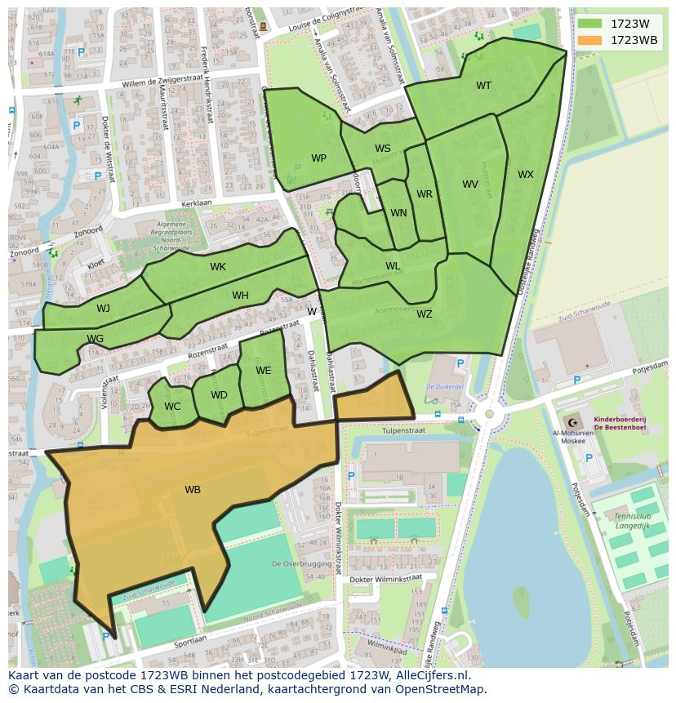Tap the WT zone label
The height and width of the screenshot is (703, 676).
(x=484, y=86)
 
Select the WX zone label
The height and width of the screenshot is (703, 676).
(x=526, y=175)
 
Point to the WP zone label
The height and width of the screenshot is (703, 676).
(x=318, y=158)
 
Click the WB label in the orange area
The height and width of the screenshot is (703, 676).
(x=193, y=490)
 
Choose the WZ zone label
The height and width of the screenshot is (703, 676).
(x=425, y=314)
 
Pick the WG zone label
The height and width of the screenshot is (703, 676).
(x=95, y=339)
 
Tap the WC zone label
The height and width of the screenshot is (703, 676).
(x=172, y=407)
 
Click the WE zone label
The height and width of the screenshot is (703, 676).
(x=263, y=371)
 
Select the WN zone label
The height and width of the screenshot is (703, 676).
(x=398, y=213)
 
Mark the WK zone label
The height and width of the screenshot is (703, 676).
(x=218, y=267)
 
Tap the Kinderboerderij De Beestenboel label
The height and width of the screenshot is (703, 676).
(x=620, y=422)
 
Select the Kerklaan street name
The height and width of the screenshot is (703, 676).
(x=197, y=202)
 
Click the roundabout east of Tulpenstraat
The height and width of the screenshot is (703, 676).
(x=489, y=414)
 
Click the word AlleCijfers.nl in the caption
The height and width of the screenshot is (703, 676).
(x=427, y=675)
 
